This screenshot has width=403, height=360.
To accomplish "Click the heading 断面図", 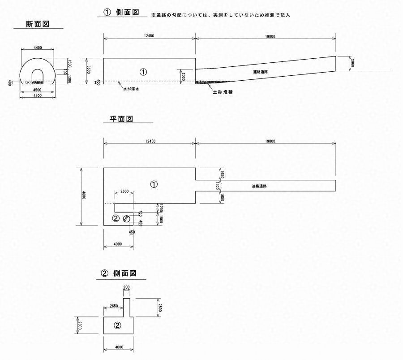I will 43,24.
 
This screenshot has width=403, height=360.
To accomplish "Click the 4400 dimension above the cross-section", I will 38,48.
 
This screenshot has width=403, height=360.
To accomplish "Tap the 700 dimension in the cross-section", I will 64,72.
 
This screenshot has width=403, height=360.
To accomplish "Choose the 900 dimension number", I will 126,287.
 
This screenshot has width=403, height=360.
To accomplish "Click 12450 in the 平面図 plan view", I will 150,141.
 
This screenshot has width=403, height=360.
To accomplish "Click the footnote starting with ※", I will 221,15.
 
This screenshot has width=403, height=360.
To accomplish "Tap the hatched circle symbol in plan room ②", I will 127,219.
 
